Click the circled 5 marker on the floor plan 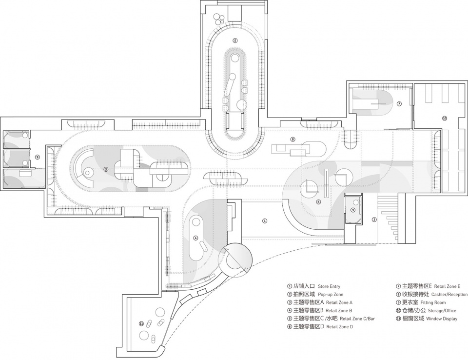pos(235,40)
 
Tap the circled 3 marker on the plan pos(106,169)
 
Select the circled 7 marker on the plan pos(399,104)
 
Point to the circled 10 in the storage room pos(445,119)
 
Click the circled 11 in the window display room pos(141,323)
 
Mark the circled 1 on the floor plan pos(264,221)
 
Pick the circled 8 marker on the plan pos(292,139)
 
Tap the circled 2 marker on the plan pos(374,220)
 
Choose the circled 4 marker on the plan pos(196,238)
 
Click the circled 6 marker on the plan pos(318,202)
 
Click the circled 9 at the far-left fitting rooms pos(38,157)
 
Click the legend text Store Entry pos(329,286)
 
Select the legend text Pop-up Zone pos(331,294)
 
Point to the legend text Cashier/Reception pos(449,294)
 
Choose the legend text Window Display pos(442,319)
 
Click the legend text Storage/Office pos(442,311)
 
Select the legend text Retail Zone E pos(447,286)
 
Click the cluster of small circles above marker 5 pos(219,19)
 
